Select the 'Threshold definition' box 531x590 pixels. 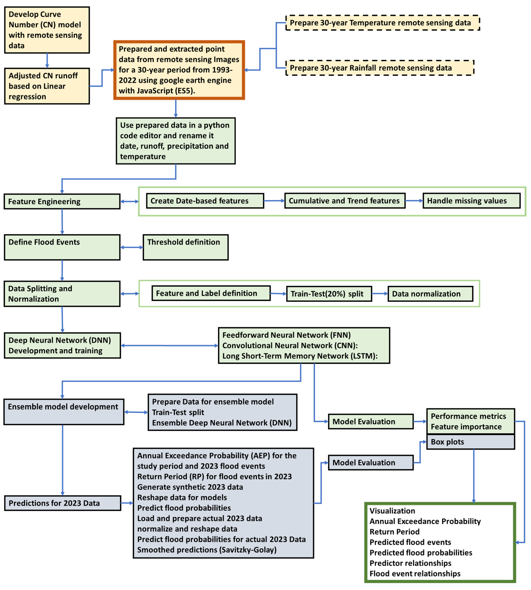186,247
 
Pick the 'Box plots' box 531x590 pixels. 470,442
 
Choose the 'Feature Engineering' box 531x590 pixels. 62,201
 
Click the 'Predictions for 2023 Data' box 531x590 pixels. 62,503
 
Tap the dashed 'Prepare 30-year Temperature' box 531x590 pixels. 382,23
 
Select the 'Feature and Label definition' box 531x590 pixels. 211,293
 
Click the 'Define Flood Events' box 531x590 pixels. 62,247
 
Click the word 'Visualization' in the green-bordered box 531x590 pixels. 392,511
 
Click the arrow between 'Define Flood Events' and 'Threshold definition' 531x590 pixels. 132,247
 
